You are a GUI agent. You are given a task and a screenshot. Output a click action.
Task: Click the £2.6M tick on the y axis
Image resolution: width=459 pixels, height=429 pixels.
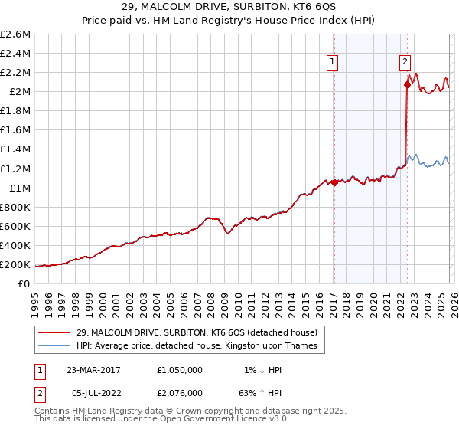15,34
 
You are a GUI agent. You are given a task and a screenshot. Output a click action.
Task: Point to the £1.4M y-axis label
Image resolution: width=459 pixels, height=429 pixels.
15,149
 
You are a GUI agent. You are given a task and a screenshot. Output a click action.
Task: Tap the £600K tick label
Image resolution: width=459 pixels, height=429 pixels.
15,226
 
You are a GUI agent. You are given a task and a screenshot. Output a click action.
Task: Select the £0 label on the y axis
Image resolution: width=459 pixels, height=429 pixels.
24,283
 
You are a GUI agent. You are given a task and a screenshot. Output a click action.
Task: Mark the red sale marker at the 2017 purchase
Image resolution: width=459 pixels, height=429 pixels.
334,182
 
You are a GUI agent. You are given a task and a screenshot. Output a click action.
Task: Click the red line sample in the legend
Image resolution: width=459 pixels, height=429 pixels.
54,332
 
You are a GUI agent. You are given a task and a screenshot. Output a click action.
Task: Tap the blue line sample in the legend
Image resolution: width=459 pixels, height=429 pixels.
54,345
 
